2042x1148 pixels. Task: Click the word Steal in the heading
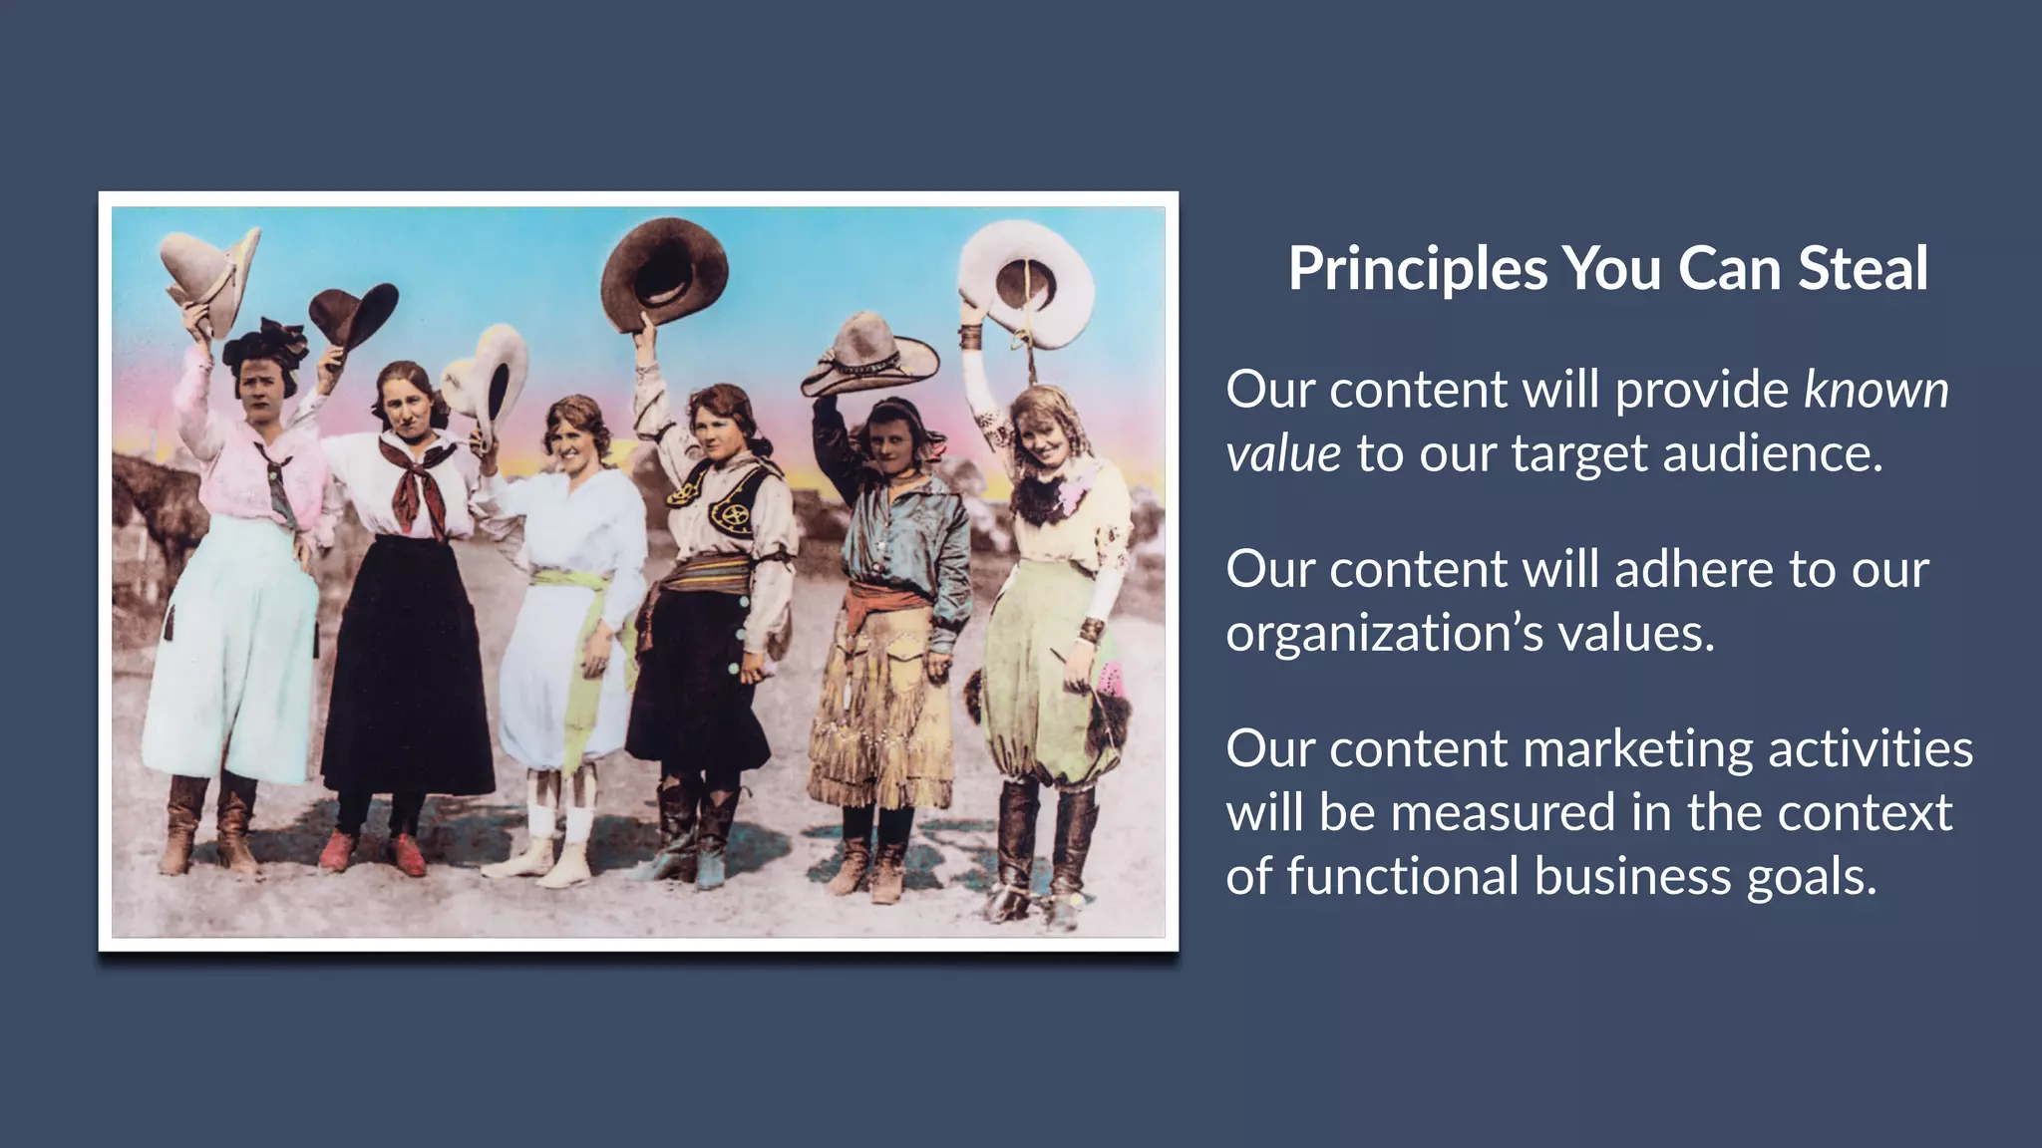[1863, 269]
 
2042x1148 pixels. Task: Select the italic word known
[1875, 390]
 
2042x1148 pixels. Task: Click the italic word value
[1283, 454]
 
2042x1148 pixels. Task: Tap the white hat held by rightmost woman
[1027, 283]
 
